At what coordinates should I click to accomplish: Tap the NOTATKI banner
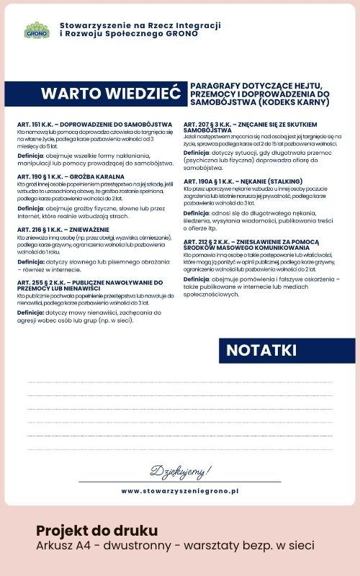pyautogui.click(x=261, y=350)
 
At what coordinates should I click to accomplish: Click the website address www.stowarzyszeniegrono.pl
pyautogui.click(x=180, y=490)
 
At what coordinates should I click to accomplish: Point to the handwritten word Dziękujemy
pyautogui.click(x=181, y=472)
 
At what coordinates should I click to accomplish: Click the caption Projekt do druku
pyautogui.click(x=96, y=531)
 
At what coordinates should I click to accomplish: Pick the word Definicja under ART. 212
pyautogui.click(x=197, y=279)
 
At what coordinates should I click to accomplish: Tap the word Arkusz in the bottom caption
pyautogui.click(x=55, y=546)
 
